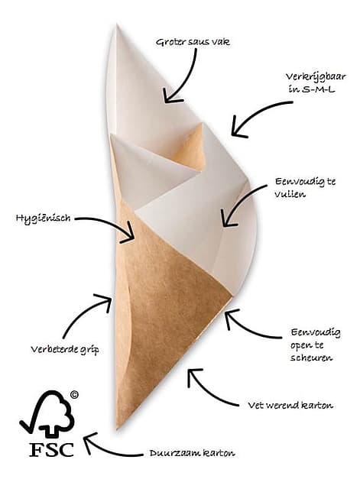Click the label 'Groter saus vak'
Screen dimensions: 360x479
[193, 42]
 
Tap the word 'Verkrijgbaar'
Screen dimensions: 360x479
[316, 76]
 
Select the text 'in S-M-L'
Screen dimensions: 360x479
[311, 89]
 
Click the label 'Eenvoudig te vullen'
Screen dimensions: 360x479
[305, 188]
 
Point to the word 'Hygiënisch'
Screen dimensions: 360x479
[43, 218]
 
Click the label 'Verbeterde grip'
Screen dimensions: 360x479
[65, 349]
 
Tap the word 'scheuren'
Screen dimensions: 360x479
[311, 358]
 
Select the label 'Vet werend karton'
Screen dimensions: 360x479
[290, 406]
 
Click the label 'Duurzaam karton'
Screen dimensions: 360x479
[192, 453]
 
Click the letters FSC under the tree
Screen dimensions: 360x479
[52, 449]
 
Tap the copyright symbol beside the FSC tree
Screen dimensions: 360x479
[74, 395]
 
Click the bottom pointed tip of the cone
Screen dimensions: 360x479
[117, 429]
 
